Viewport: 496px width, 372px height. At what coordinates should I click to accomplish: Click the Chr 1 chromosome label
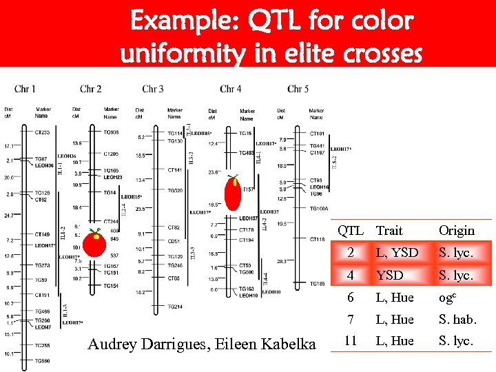point(25,89)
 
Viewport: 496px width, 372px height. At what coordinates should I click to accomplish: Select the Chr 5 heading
point(298,89)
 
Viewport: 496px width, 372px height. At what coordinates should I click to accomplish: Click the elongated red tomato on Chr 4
point(234,195)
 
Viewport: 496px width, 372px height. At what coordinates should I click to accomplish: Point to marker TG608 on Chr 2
point(111,132)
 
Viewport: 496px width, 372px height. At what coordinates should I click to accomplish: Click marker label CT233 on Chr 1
point(42,132)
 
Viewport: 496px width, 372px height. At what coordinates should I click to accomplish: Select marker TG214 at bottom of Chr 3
point(175,307)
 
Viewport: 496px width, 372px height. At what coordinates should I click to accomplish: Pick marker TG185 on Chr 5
point(317,284)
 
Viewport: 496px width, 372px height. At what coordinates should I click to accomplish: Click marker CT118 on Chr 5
point(317,239)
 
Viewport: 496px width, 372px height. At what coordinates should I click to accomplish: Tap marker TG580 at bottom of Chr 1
point(42,361)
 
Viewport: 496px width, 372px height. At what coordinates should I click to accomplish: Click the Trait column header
point(389,231)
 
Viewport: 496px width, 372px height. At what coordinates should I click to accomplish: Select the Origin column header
point(456,231)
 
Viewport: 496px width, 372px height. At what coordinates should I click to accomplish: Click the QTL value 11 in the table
point(350,341)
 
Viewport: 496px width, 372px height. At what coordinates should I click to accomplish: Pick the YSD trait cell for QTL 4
point(389,276)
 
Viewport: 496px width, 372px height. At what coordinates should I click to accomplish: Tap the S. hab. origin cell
point(456,320)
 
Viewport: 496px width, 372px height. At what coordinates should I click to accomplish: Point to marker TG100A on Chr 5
point(319,208)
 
